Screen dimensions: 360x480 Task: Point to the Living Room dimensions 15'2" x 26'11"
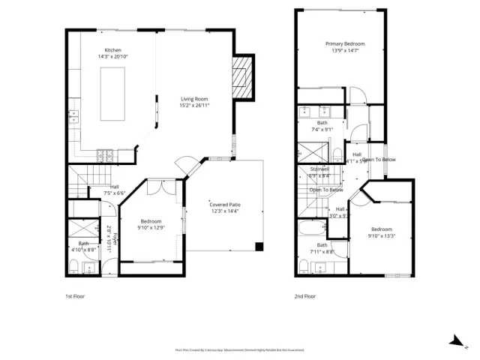click(x=193, y=106)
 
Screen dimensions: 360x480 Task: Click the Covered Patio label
click(x=224, y=204)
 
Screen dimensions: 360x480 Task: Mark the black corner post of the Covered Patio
click(x=259, y=246)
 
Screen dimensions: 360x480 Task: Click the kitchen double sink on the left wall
click(x=73, y=115)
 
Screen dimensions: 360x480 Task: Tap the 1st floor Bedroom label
click(x=151, y=221)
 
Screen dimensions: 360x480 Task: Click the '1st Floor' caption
click(x=74, y=296)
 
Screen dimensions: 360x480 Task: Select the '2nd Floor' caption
click(x=305, y=296)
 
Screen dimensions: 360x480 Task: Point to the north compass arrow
click(x=455, y=341)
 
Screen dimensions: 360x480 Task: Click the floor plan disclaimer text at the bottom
click(x=240, y=349)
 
